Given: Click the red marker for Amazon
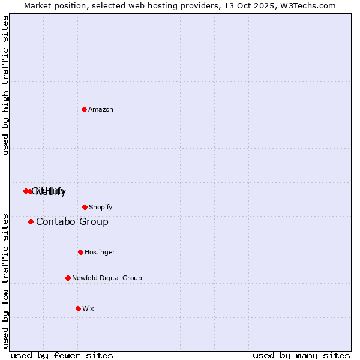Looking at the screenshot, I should pyautogui.click(x=84, y=109).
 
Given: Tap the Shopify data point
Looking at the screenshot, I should pyautogui.click(x=85, y=207).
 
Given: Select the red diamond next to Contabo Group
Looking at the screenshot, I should pyautogui.click(x=31, y=222).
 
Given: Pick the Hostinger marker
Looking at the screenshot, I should pyautogui.click(x=80, y=252).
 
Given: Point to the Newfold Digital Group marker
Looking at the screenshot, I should pyautogui.click(x=68, y=278).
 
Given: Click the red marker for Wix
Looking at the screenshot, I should pyautogui.click(x=78, y=308).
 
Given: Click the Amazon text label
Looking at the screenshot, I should pyautogui.click(x=101, y=109).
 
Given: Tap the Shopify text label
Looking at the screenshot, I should pyautogui.click(x=101, y=207).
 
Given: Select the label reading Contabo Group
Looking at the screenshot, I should pyautogui.click(x=72, y=222).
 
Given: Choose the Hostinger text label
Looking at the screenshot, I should pyautogui.click(x=100, y=252).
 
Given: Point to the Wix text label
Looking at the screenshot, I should pyautogui.click(x=88, y=308).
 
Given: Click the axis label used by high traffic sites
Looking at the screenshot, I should pyautogui.click(x=6, y=85).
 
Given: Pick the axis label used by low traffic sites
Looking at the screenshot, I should pyautogui.click(x=6, y=281).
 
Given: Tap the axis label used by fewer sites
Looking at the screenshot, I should pyautogui.click(x=62, y=355).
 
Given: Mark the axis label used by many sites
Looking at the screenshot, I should pyautogui.click(x=301, y=355).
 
